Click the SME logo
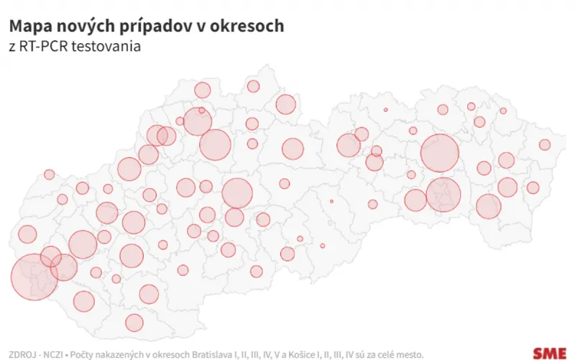point(550,353)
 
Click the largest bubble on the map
point(34,277)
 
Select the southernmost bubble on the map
point(134,323)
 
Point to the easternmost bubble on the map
point(545,144)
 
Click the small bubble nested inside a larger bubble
point(202,111)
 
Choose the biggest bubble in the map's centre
point(237,193)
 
